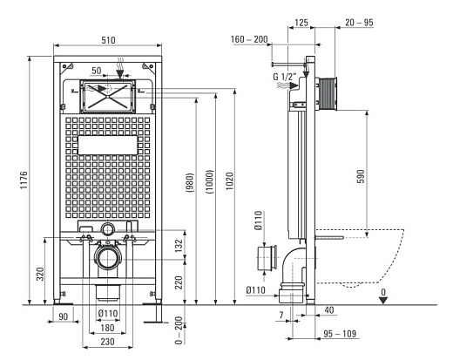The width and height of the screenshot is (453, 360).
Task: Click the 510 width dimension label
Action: (108, 40)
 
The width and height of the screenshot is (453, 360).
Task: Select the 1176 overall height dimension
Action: (24, 180)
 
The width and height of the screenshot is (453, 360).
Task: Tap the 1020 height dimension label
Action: (230, 181)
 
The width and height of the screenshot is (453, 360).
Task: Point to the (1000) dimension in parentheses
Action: (209, 182)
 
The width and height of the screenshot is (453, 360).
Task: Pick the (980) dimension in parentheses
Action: (189, 183)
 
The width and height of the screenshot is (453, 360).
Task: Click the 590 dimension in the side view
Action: (361, 176)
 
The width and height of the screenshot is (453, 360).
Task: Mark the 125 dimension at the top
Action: (301, 23)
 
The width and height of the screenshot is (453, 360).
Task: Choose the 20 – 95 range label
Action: (359, 23)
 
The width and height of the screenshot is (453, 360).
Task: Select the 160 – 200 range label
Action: (249, 39)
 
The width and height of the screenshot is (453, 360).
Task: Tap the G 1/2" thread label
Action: (285, 77)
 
